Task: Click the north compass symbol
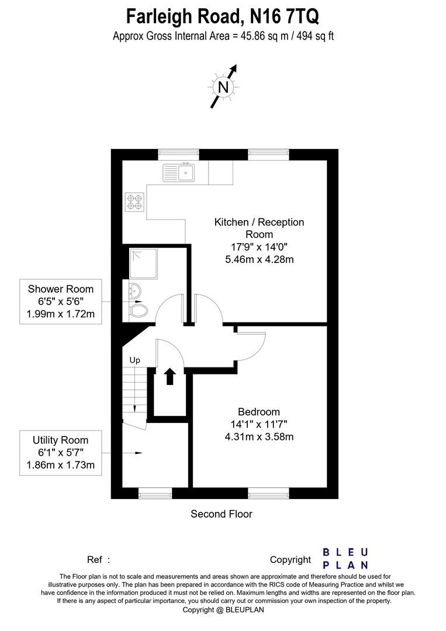click(x=223, y=87)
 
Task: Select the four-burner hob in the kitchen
click(x=134, y=202)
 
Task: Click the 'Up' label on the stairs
click(x=134, y=360)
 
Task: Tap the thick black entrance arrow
click(x=170, y=377)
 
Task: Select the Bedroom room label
click(x=258, y=412)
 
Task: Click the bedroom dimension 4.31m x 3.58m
click(x=258, y=436)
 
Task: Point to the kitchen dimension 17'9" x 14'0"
click(x=259, y=247)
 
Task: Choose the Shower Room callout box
click(x=60, y=302)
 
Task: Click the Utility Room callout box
click(x=60, y=453)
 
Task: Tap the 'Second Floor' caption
click(x=222, y=514)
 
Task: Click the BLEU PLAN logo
click(x=345, y=559)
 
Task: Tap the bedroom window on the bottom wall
click(x=268, y=494)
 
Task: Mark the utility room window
click(x=155, y=494)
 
